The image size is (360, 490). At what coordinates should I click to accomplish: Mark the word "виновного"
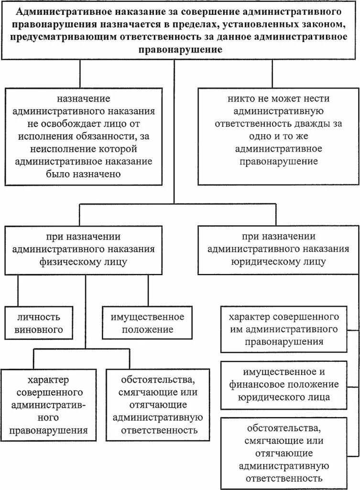pos(34,330)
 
